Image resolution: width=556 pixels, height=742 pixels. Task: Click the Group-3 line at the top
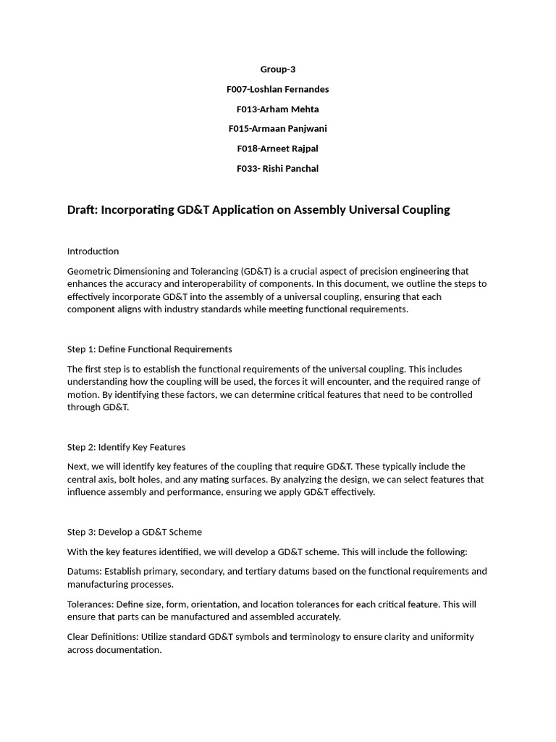[278, 70]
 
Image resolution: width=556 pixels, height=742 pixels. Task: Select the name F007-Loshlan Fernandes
[278, 89]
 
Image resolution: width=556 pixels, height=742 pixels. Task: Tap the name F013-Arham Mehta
[278, 109]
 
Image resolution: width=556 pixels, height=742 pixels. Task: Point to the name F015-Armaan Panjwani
[278, 129]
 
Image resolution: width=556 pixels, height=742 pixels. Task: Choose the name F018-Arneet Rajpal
[278, 149]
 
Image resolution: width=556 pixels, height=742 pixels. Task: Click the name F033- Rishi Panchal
[278, 169]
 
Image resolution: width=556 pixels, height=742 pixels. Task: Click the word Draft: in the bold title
[83, 210]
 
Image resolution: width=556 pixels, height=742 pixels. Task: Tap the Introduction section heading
[93, 251]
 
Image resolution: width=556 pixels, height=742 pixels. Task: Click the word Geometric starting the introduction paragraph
[90, 271]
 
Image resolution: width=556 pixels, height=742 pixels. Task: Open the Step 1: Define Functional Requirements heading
[150, 349]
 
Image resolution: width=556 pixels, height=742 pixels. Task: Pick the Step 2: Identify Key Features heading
[127, 447]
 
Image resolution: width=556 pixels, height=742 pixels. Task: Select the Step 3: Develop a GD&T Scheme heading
[135, 532]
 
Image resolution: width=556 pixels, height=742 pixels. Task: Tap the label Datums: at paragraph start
[84, 572]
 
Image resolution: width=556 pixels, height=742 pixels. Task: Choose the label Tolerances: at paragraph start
[91, 604]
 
